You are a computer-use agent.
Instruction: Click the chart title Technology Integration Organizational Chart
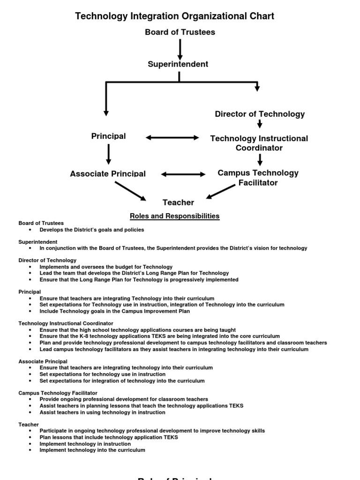coord(175,16)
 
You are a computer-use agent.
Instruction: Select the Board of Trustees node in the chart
coord(180,32)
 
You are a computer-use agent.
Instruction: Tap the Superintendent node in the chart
coord(178,64)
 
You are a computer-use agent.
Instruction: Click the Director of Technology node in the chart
coord(260,114)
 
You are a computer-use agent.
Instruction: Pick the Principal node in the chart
coord(108,136)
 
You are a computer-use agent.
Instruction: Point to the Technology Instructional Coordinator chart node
coord(259,143)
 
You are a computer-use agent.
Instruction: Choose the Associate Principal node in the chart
coord(108,174)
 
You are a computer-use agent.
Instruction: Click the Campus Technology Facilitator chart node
coord(258,178)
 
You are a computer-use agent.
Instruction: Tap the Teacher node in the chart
coord(178,202)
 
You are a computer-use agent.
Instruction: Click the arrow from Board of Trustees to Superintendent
coord(180,49)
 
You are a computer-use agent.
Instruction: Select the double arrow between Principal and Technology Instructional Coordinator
coord(172,138)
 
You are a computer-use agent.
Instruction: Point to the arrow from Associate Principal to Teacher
coord(130,190)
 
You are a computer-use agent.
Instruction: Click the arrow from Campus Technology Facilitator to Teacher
coord(220,191)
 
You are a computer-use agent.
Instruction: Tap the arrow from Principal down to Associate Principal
coord(109,154)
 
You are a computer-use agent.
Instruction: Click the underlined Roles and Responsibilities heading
coord(174,216)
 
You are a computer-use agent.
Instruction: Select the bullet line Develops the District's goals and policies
coord(91,230)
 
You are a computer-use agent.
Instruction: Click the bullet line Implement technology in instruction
coord(85,443)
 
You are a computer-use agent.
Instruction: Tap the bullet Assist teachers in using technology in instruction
coord(102,412)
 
